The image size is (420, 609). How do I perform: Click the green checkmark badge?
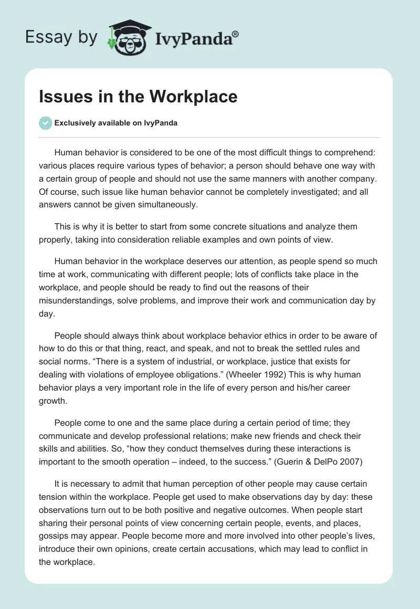pyautogui.click(x=45, y=123)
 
